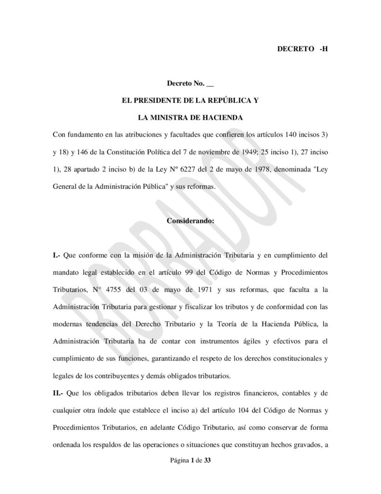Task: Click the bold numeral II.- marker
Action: point(60,393)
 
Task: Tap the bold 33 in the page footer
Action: point(207,461)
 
